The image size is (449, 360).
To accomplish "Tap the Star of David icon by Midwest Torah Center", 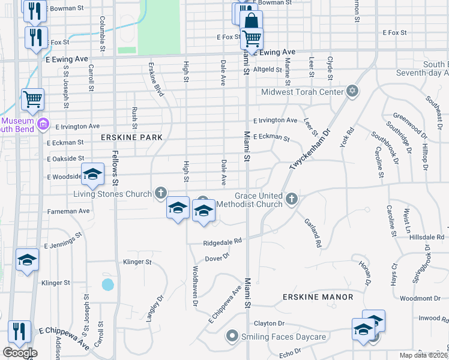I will pos(353,92).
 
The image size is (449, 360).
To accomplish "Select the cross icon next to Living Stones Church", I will pos(160,193).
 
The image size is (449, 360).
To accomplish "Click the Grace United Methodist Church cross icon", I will pos(292,198).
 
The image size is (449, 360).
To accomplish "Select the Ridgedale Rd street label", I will pos(221,241).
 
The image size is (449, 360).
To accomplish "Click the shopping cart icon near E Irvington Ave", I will pos(32,98).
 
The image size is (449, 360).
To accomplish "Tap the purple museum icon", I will pos(43,124).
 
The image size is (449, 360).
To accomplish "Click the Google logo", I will pos(20,353).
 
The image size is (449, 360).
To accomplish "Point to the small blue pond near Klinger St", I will pos(108,284).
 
